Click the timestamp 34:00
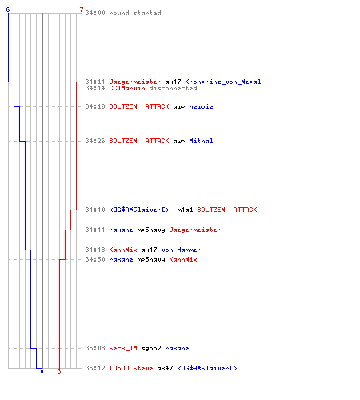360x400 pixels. [95, 13]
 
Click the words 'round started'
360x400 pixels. [135, 13]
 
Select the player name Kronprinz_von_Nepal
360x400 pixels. [223, 82]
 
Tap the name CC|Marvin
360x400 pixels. [127, 88]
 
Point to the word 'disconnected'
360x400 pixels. [173, 88]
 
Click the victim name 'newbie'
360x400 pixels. [201, 106]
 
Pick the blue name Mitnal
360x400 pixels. [201, 141]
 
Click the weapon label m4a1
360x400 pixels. [185, 210]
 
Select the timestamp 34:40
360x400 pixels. [95, 210]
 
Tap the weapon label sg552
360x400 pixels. [151, 348]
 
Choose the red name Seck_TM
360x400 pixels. [123, 348]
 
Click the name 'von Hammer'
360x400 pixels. [182, 250]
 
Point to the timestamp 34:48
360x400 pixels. [95, 250]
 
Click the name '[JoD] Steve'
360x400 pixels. [131, 368]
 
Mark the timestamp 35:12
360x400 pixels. [95, 368]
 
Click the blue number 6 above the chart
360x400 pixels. [8, 10]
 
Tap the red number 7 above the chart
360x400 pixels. [82, 10]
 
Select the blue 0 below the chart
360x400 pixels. [42, 371]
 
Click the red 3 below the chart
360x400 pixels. [59, 371]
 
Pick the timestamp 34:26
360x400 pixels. [95, 141]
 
